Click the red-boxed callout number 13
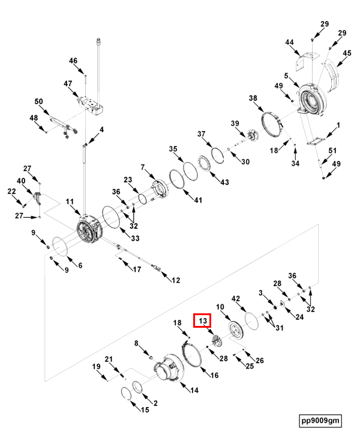[202, 322]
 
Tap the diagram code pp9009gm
[320, 420]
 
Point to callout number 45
[347, 53]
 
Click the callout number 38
[253, 98]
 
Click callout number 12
[176, 280]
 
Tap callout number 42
[236, 298]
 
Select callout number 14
[194, 390]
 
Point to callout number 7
[143, 167]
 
